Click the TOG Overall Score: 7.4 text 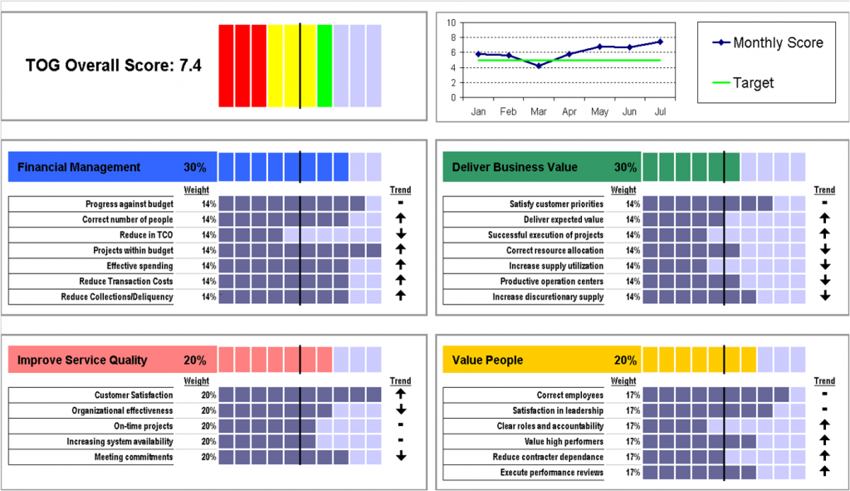(x=113, y=65)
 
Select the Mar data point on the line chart (x=539, y=65)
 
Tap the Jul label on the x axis (x=661, y=110)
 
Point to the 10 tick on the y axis (x=452, y=22)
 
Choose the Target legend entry (x=753, y=83)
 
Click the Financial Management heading (x=79, y=167)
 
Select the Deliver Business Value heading (x=515, y=167)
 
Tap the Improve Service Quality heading (x=82, y=360)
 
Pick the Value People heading (x=487, y=360)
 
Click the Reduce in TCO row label (x=146, y=235)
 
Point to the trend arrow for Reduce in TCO (x=400, y=235)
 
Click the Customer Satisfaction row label (x=134, y=395)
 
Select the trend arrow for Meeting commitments (x=400, y=456)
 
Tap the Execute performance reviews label (x=551, y=473)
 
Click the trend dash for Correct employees (x=824, y=395)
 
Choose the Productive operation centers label (x=551, y=282)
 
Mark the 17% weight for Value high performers (x=633, y=441)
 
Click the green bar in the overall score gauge (x=325, y=66)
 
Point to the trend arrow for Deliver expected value (x=824, y=219)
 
